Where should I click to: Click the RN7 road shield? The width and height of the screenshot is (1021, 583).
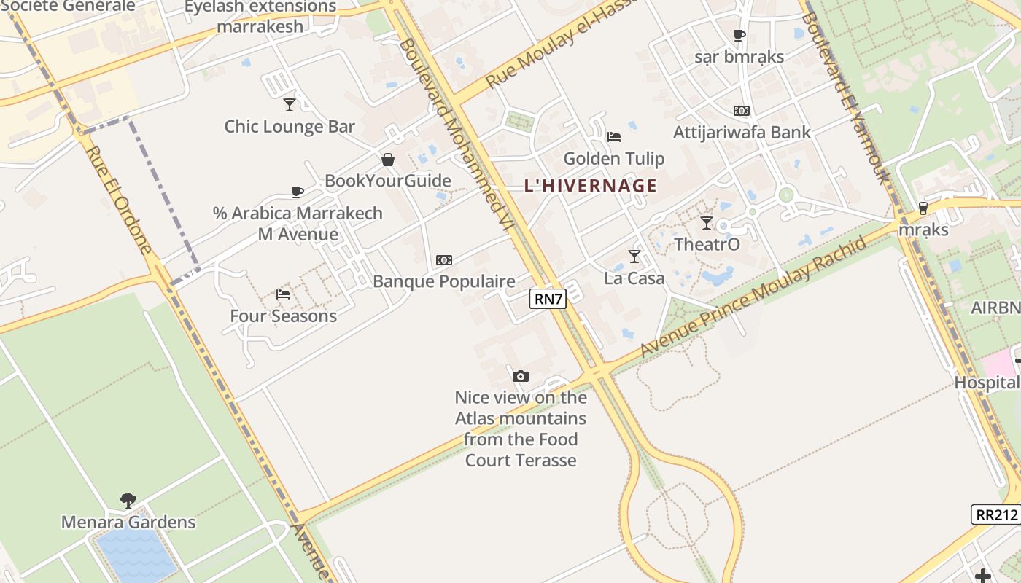click(x=548, y=298)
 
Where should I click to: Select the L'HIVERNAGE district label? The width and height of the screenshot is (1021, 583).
click(x=591, y=186)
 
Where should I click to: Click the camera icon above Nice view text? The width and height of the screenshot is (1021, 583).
click(x=520, y=376)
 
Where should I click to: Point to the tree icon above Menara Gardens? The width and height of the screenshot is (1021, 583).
click(x=128, y=500)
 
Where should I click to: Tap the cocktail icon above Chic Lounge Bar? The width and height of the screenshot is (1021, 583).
click(x=290, y=104)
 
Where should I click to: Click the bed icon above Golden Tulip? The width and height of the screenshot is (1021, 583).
click(x=614, y=136)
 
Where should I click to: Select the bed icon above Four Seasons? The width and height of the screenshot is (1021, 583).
click(x=283, y=294)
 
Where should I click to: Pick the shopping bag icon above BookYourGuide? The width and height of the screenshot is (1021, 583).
click(x=388, y=159)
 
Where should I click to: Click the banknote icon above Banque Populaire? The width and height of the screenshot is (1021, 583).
click(x=443, y=259)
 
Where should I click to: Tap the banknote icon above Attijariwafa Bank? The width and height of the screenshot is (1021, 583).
click(x=741, y=111)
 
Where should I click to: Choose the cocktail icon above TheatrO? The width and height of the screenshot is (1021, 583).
click(x=706, y=222)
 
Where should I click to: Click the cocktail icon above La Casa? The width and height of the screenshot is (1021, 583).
click(x=634, y=256)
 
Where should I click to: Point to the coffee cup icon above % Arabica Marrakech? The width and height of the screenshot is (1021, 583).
click(x=297, y=192)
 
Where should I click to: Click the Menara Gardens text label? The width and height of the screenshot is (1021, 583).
click(x=128, y=523)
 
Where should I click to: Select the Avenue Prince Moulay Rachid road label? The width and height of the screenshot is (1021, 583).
click(x=754, y=297)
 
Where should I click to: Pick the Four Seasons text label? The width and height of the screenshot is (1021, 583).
click(x=283, y=316)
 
